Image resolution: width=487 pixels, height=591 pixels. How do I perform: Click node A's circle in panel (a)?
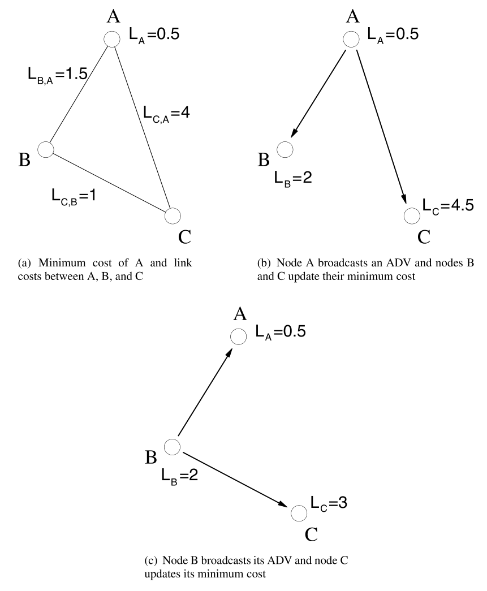tap(112, 39)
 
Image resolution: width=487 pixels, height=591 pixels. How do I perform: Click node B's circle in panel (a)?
tap(45, 149)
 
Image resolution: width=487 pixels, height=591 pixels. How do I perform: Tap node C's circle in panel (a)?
tap(173, 215)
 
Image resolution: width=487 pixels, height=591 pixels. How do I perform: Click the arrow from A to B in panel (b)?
tap(318, 92)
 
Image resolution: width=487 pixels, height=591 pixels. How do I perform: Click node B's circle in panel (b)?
tap(285, 149)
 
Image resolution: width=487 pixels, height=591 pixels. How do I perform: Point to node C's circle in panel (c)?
tap(298, 513)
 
